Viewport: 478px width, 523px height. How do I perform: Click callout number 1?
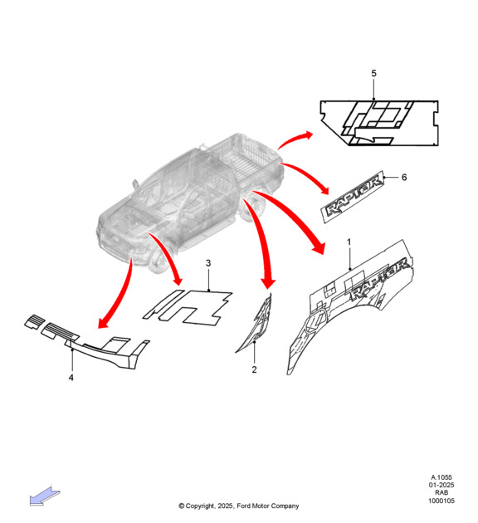[x=349, y=242]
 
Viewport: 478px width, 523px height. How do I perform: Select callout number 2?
[x=254, y=369]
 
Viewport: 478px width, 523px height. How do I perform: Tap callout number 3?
[x=208, y=263]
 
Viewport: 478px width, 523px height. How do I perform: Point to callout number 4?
[x=71, y=378]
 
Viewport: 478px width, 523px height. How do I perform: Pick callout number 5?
[x=373, y=73]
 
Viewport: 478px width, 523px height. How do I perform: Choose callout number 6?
[x=404, y=177]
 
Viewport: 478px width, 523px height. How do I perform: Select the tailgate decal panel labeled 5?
[x=379, y=123]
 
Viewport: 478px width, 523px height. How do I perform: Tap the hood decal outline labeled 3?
[x=188, y=307]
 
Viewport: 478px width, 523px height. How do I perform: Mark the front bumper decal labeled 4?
[x=87, y=342]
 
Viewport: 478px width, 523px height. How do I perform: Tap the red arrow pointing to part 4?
[x=117, y=294]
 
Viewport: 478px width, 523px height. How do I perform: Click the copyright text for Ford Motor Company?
[x=239, y=506]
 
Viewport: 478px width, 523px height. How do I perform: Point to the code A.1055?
[x=441, y=477]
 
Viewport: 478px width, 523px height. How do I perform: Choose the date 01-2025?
[x=441, y=485]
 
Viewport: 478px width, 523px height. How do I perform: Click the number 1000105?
[x=441, y=501]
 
